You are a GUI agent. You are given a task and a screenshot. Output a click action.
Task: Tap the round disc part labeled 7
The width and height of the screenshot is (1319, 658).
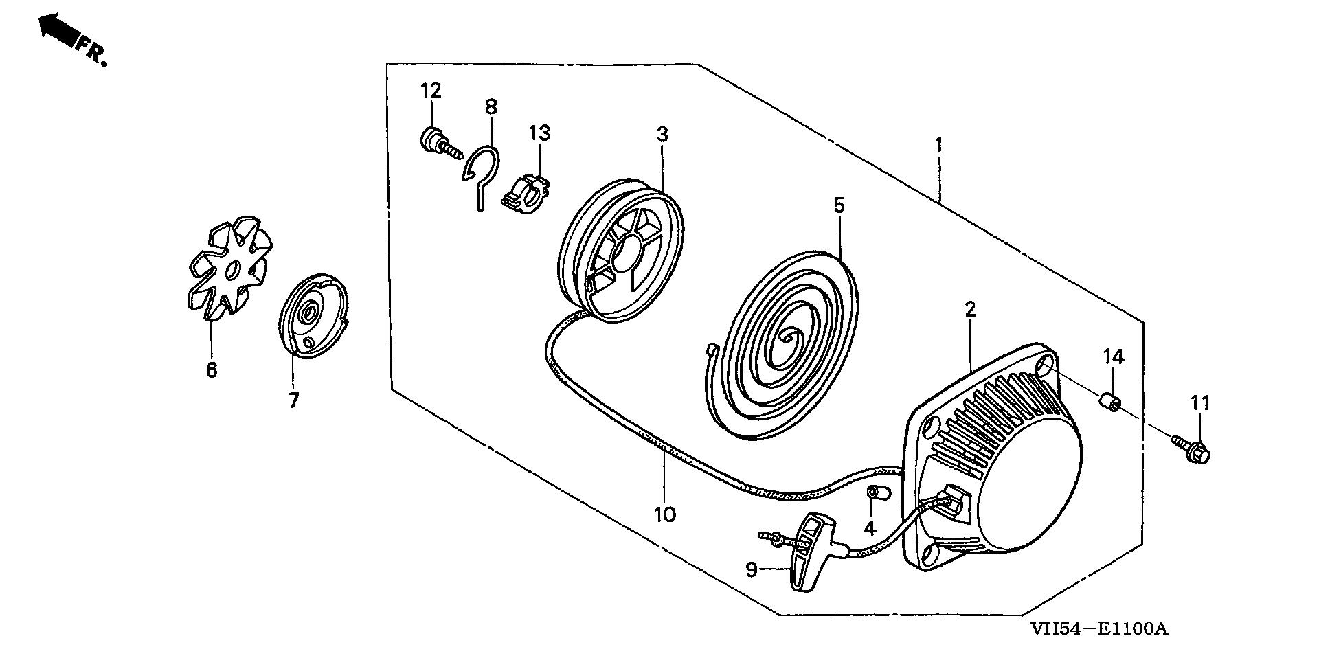tap(313, 315)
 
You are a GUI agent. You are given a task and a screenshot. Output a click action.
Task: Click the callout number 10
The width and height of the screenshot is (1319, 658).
tap(665, 514)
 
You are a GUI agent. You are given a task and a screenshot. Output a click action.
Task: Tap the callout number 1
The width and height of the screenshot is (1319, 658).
tap(938, 145)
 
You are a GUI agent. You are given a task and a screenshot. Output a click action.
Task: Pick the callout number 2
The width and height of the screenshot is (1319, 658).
tap(969, 309)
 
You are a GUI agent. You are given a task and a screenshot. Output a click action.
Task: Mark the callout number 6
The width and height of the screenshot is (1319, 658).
tap(211, 370)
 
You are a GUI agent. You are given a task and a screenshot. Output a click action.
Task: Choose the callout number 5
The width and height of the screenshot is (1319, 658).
tap(838, 205)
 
